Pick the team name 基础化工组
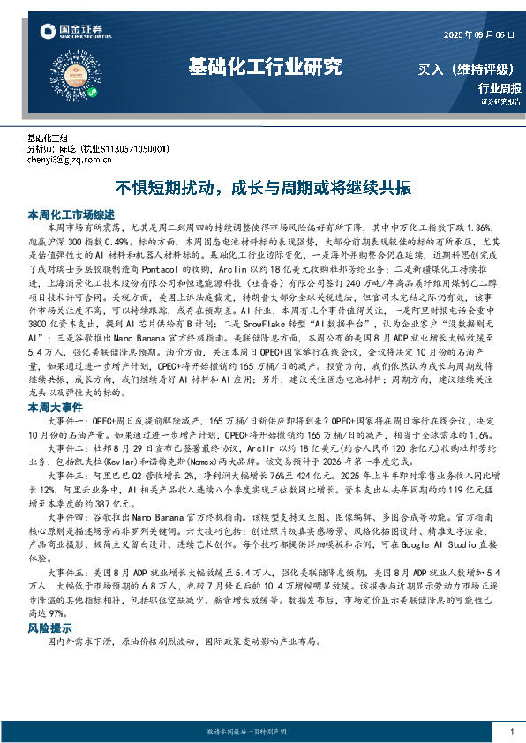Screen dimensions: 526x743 point(48,139)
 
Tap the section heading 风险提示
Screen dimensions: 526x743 point(49,628)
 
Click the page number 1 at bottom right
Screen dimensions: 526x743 point(512,732)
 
